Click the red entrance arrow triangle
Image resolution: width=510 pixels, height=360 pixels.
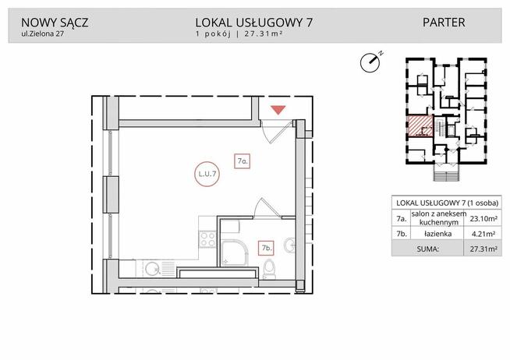277,111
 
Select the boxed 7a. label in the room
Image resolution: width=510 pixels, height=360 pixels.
243,161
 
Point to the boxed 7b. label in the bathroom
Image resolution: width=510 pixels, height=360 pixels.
266,249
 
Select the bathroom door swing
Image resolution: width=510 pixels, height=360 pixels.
263,210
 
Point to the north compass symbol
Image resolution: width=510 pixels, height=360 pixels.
371,61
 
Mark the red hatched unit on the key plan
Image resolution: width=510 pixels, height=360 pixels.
419,125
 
